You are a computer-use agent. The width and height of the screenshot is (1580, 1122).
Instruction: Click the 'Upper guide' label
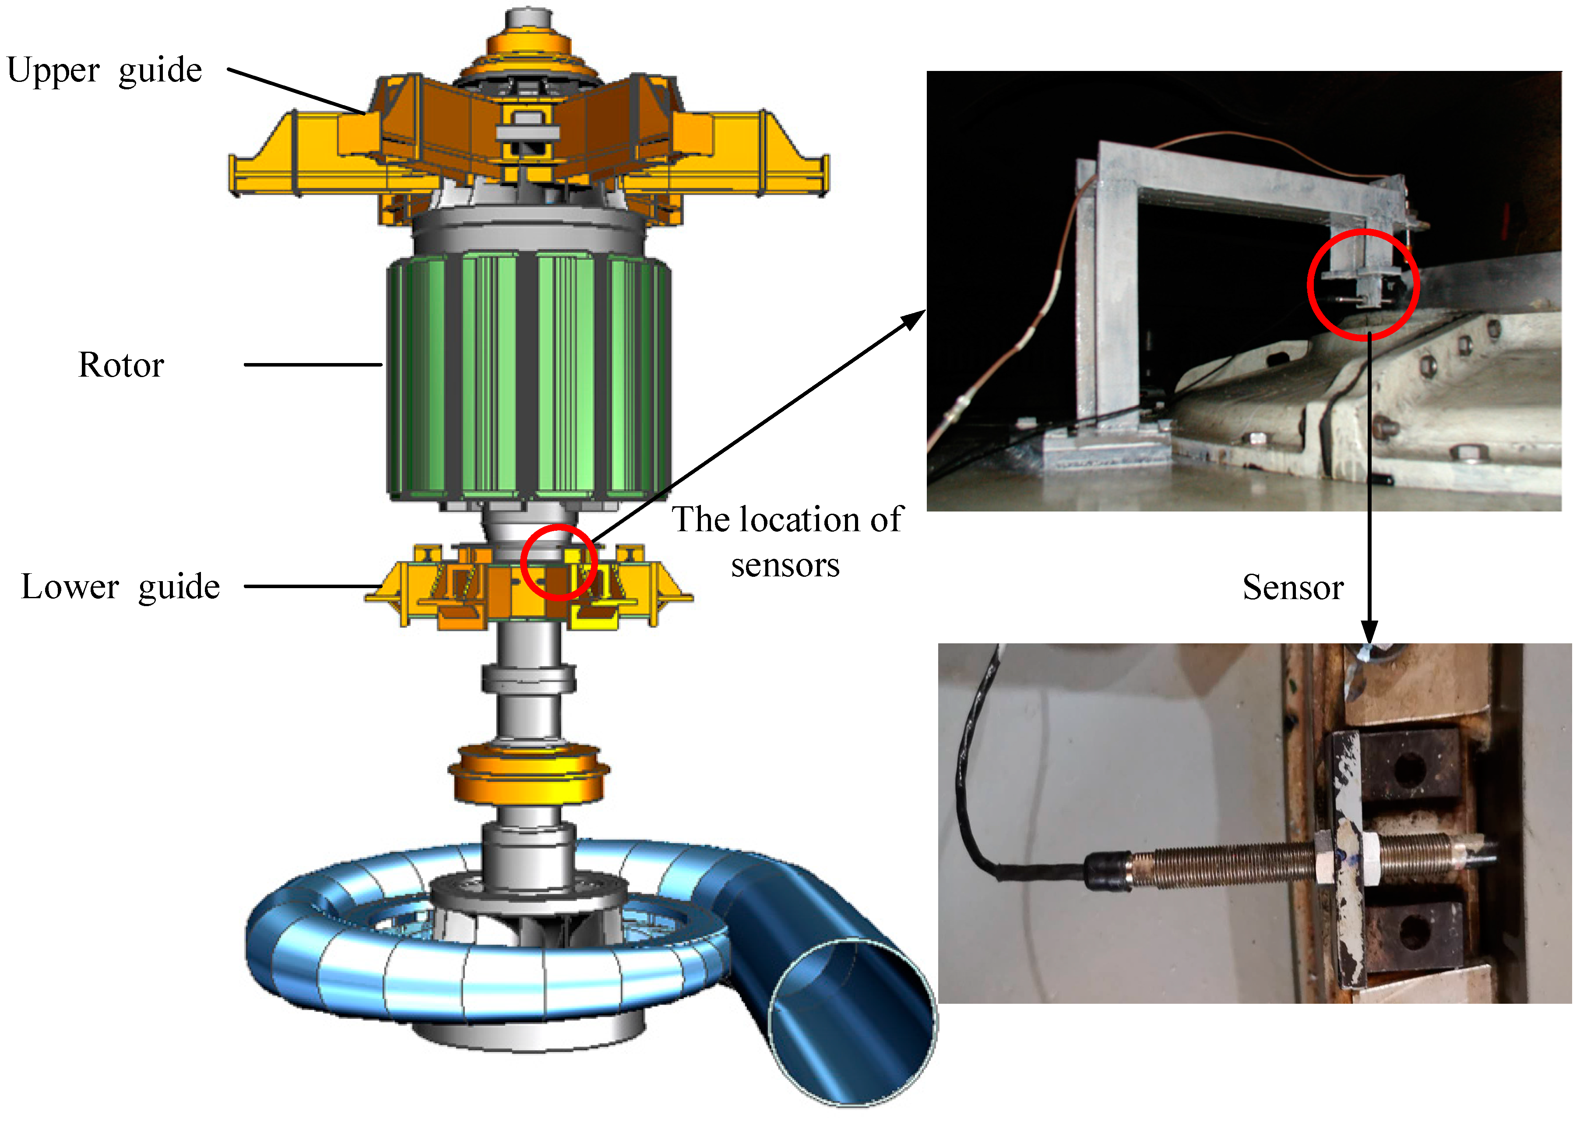click(x=104, y=71)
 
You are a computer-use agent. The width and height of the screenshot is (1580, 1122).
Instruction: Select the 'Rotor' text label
click(x=121, y=366)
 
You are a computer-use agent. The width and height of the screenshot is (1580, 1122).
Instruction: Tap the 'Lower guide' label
click(x=120, y=587)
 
